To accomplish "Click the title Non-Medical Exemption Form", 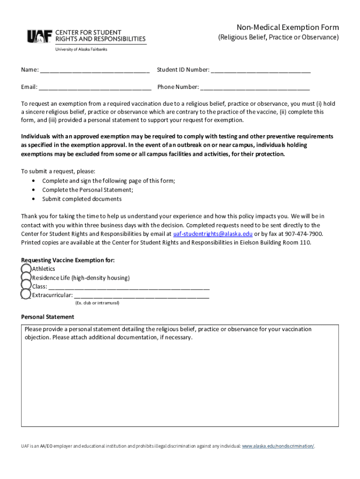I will pyautogui.click(x=287, y=27).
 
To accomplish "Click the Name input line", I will pyautogui.click(x=94, y=70).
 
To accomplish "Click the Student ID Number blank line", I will pyautogui.click(x=260, y=70).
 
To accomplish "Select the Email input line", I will pyautogui.click(x=95, y=87).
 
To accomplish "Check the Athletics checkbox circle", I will pyautogui.click(x=26, y=269).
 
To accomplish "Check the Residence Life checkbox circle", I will pyautogui.click(x=26, y=278).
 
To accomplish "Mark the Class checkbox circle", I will pyautogui.click(x=26, y=286).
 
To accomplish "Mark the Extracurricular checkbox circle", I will pyautogui.click(x=26, y=295).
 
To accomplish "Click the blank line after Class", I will pyautogui.click(x=129, y=287).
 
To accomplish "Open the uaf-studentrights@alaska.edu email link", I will pyautogui.click(x=213, y=234).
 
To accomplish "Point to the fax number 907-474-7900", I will pyautogui.click(x=303, y=234).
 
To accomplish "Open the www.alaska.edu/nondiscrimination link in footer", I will pyautogui.click(x=278, y=446).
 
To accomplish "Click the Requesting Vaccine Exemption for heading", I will pyautogui.click(x=68, y=260).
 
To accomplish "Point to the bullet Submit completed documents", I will pyautogui.click(x=82, y=199).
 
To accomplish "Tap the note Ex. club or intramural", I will pyautogui.click(x=97, y=303).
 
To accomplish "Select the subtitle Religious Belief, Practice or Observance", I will pyautogui.click(x=279, y=37).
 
